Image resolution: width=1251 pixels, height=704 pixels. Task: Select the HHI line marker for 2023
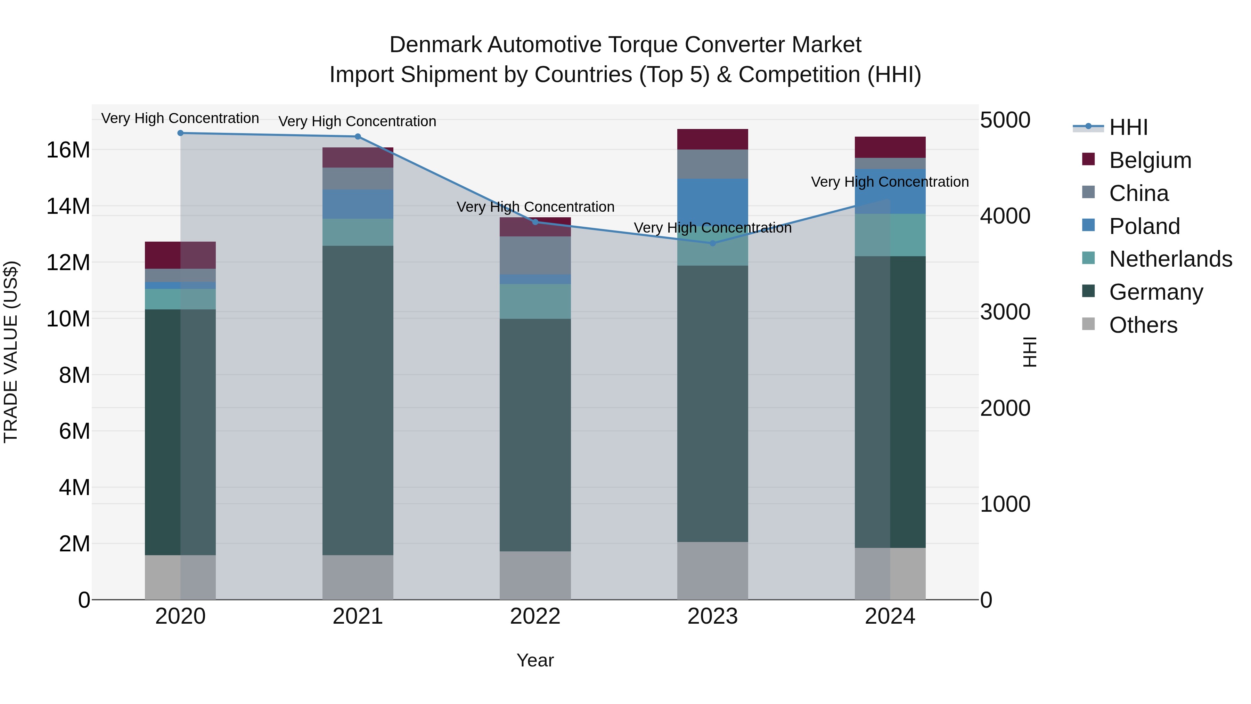click(x=712, y=243)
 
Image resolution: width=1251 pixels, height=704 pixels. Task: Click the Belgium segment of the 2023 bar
click(x=712, y=139)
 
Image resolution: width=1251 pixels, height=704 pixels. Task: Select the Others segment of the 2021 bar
click(x=358, y=577)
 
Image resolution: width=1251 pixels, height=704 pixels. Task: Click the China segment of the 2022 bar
click(x=535, y=255)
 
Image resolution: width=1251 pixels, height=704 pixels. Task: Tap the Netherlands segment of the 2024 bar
click(x=890, y=235)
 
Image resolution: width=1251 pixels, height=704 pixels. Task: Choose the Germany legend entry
click(x=1156, y=292)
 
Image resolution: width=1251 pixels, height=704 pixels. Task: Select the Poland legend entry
click(x=1144, y=226)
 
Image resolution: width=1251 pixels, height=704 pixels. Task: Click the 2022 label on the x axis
click(x=535, y=616)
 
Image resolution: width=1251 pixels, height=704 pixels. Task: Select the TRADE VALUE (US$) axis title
click(x=11, y=352)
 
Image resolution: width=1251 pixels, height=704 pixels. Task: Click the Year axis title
click(x=535, y=660)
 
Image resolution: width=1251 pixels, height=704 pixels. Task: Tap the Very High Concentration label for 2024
click(x=890, y=182)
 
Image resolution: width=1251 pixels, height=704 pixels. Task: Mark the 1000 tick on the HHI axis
click(x=1005, y=504)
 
